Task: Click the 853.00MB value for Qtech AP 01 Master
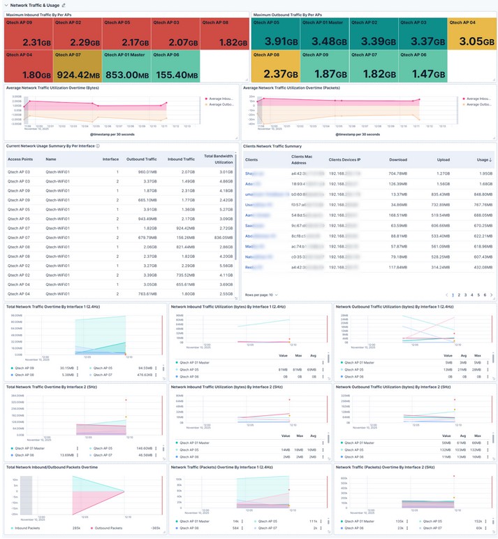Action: [126, 75]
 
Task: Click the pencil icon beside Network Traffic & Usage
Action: [64, 5]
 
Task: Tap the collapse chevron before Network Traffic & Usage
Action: [6, 5]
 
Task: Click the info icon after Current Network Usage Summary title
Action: [98, 146]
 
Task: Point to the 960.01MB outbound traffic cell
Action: [146, 171]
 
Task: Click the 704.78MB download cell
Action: [398, 173]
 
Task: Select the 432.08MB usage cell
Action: [482, 267]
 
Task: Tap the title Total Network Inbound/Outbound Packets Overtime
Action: [52, 467]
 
